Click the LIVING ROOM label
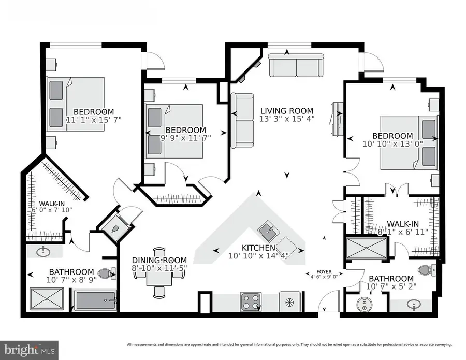pos(286,110)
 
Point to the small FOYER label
pos(324,271)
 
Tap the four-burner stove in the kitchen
pos(251,301)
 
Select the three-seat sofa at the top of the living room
pos(296,66)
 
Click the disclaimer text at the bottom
pos(290,344)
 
